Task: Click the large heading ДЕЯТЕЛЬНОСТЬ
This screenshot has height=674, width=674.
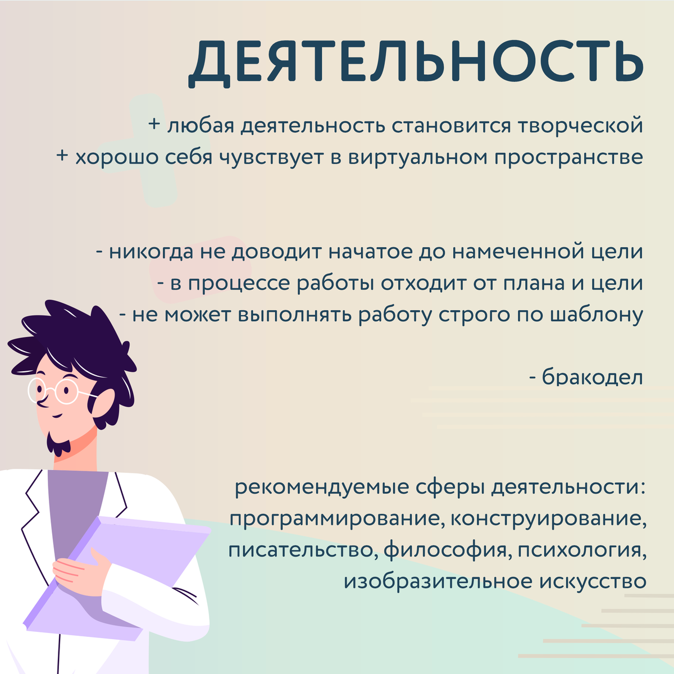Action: pyautogui.click(x=416, y=63)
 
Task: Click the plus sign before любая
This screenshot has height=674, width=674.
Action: pyautogui.click(x=154, y=124)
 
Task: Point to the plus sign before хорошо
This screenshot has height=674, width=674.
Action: pyautogui.click(x=62, y=156)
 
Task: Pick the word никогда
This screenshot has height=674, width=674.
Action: pyautogui.click(x=151, y=252)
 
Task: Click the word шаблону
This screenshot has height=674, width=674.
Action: pyautogui.click(x=596, y=315)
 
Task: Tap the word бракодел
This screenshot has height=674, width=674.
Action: pyautogui.click(x=593, y=377)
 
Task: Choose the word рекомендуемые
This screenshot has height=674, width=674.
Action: pyautogui.click(x=322, y=487)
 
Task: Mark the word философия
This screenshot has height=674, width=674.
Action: pyautogui.click(x=445, y=550)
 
